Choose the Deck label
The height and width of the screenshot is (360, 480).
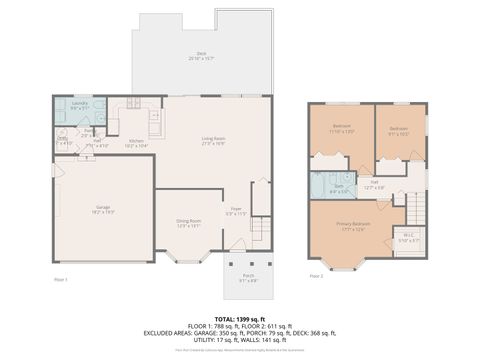click(x=202, y=56)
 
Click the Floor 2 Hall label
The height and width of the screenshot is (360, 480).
click(x=373, y=184)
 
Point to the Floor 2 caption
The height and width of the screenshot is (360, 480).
click(x=316, y=275)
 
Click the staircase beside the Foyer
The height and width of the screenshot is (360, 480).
click(x=260, y=230)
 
